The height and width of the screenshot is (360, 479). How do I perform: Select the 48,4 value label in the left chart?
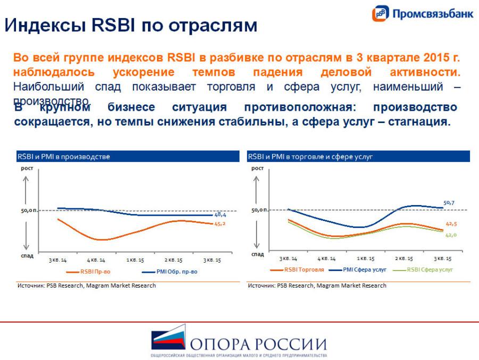(220, 215)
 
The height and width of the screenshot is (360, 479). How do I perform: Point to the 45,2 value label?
(220, 224)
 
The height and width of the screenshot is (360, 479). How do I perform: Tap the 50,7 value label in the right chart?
(449, 202)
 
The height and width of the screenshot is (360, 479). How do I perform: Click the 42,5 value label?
(451, 224)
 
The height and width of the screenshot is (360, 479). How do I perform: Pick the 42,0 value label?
(451, 234)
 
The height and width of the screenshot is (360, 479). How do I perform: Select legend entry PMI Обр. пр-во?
(176, 272)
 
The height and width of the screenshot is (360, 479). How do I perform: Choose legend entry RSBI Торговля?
(303, 269)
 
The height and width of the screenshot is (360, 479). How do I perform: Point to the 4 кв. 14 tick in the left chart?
(95, 260)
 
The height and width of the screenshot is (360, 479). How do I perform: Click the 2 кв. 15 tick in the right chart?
(404, 258)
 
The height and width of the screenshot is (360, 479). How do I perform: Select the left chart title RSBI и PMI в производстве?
(64, 157)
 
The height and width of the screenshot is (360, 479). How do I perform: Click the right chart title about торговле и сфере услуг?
(310, 157)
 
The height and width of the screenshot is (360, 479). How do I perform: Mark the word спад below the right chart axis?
(257, 255)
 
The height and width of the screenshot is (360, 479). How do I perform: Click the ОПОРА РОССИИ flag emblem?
(169, 340)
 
